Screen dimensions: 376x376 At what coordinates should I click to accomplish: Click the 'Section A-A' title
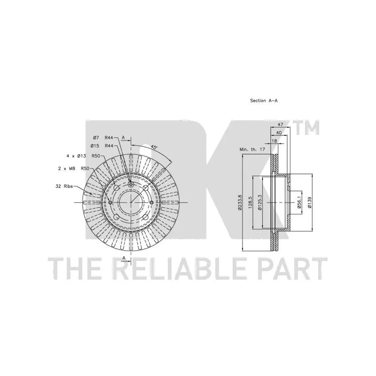[x=264, y=101]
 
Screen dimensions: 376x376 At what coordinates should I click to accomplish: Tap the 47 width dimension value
[x=280, y=125]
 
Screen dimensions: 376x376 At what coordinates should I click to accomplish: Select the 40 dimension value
[x=279, y=133]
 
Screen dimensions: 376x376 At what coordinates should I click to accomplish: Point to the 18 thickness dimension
[x=274, y=141]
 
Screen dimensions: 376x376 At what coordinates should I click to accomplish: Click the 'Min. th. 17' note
[x=252, y=149]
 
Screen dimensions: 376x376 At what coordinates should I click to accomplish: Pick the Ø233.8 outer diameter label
[x=240, y=203]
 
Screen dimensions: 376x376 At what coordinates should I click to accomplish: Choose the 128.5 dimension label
[x=251, y=203]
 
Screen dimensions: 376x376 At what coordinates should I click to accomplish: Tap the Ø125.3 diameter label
[x=260, y=203]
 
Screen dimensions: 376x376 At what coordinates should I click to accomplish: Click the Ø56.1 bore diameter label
[x=299, y=203]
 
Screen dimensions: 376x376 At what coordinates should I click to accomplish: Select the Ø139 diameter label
[x=310, y=203]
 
